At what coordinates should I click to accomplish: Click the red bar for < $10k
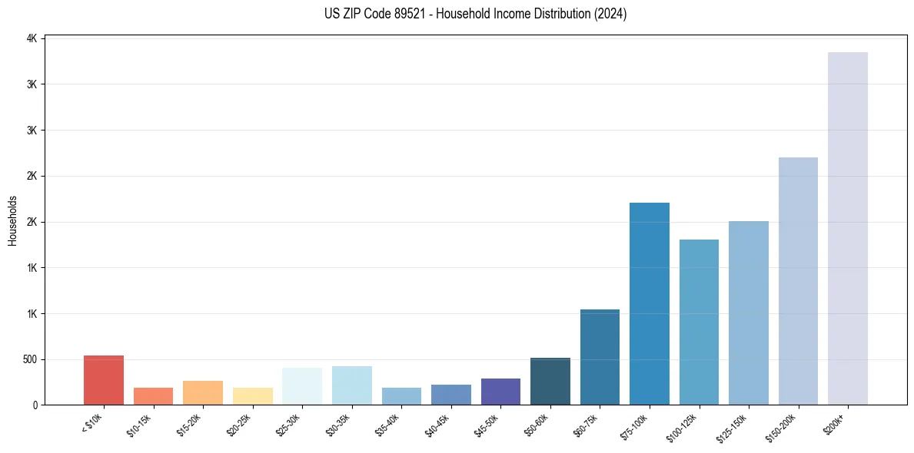[104, 380]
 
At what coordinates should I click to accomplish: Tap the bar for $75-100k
[650, 304]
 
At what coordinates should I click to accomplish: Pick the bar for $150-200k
[798, 281]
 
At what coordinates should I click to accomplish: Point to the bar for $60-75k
[600, 357]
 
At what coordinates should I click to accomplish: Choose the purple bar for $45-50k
[500, 392]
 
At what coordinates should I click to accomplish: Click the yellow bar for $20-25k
[253, 396]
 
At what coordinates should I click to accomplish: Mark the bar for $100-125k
[699, 322]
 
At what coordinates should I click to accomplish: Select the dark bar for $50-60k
[550, 382]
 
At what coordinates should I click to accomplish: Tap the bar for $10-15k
[154, 396]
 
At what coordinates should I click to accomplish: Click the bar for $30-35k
[352, 385]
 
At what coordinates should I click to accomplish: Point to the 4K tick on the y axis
[33, 38]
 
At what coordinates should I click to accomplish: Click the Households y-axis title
[12, 221]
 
